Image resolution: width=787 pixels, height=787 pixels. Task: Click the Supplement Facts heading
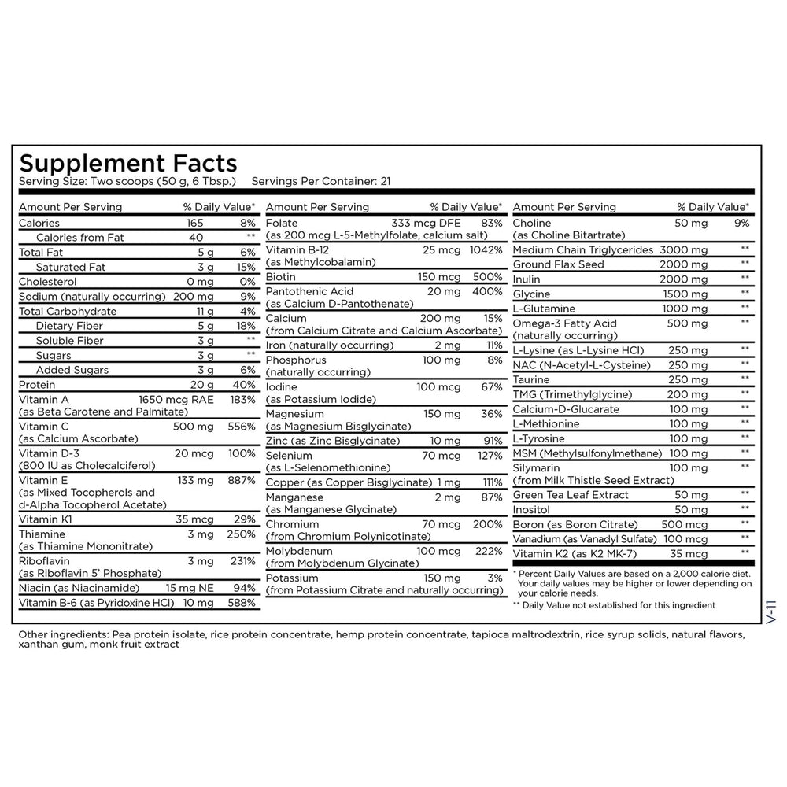click(127, 163)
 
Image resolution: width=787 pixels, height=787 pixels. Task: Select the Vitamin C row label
click(41, 427)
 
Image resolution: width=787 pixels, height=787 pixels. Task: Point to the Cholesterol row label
click(46, 282)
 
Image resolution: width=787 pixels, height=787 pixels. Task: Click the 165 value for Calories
click(195, 223)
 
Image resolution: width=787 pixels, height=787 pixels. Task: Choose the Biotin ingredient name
click(281, 277)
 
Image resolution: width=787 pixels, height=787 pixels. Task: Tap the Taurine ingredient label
click(531, 379)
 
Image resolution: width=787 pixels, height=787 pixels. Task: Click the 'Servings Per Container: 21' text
click(321, 181)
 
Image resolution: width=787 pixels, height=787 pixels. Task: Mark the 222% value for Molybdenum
click(487, 551)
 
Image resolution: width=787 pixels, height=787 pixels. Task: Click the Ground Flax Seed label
click(558, 264)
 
